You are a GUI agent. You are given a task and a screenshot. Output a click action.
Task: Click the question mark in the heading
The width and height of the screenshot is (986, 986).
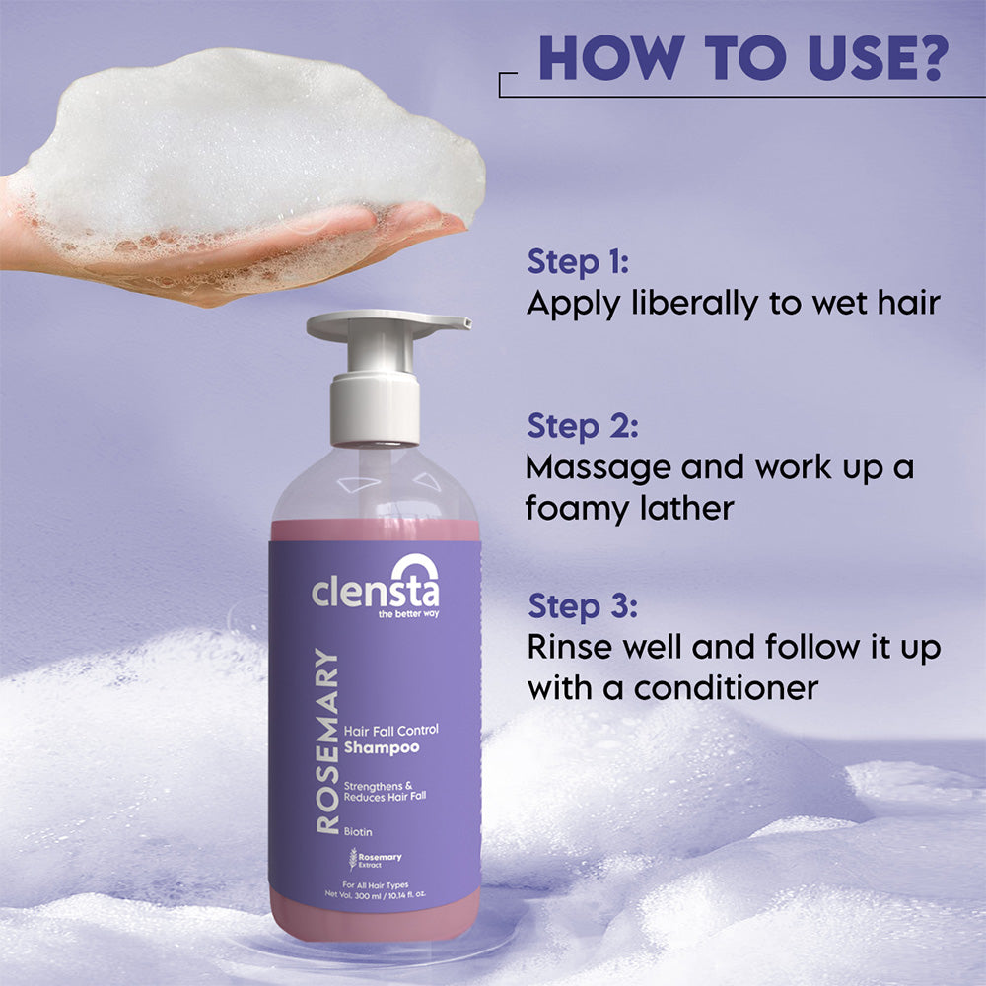click(928, 58)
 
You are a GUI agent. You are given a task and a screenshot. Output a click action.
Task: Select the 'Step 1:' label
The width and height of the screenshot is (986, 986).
click(578, 261)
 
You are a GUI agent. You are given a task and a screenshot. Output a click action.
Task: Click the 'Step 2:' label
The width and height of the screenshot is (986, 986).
click(583, 426)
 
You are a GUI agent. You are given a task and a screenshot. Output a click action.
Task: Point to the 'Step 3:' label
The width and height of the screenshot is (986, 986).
click(583, 606)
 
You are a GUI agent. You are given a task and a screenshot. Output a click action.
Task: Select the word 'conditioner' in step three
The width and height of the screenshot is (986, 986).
click(726, 687)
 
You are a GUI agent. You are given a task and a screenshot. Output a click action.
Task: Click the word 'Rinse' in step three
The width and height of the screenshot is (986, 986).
click(569, 647)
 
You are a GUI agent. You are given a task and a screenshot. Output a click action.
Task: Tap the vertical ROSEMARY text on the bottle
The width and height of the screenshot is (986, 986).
click(327, 741)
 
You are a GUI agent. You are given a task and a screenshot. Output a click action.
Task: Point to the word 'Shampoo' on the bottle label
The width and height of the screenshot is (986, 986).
click(381, 747)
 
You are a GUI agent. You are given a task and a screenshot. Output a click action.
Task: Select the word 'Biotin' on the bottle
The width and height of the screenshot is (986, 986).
click(358, 832)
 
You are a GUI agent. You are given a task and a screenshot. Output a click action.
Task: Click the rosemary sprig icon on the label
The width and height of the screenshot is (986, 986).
click(353, 859)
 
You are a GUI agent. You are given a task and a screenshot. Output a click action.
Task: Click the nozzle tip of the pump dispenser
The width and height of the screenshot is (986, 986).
click(466, 322)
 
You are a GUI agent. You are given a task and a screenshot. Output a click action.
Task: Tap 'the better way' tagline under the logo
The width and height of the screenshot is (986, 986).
click(409, 613)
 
